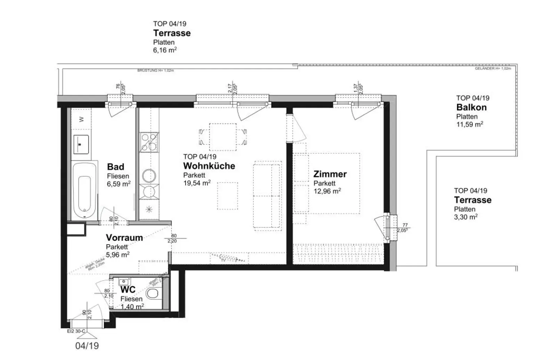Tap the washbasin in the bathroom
point(81,144)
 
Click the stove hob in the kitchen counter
point(149,142)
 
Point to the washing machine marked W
point(81,119)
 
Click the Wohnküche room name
point(209,166)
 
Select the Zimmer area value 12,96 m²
point(327,191)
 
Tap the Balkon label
point(471,107)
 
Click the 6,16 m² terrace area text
point(164,50)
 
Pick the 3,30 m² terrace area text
point(466,217)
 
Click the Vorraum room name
point(124,238)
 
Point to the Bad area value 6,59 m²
point(119,184)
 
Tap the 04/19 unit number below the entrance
point(87,346)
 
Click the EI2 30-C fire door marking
point(76,331)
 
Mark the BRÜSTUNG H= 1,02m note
point(155,70)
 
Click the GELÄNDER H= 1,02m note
point(493,69)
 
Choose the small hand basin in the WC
point(123,281)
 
